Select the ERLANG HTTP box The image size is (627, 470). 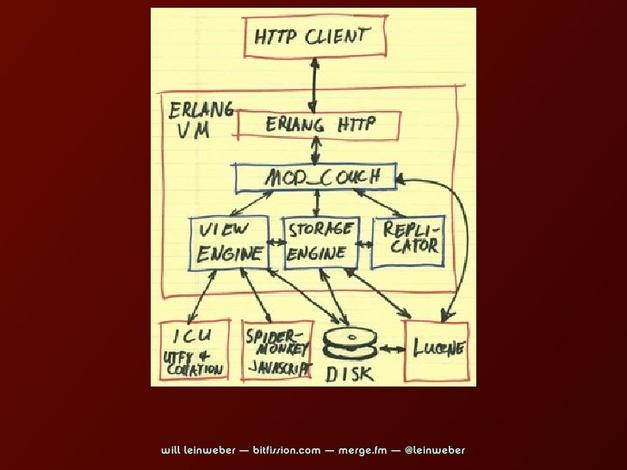321,126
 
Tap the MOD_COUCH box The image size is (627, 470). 318,178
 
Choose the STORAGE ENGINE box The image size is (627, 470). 318,242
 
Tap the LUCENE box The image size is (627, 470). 438,349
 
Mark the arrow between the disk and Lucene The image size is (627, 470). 392,349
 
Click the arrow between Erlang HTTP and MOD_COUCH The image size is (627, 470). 318,152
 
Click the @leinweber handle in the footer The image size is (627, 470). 434,450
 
